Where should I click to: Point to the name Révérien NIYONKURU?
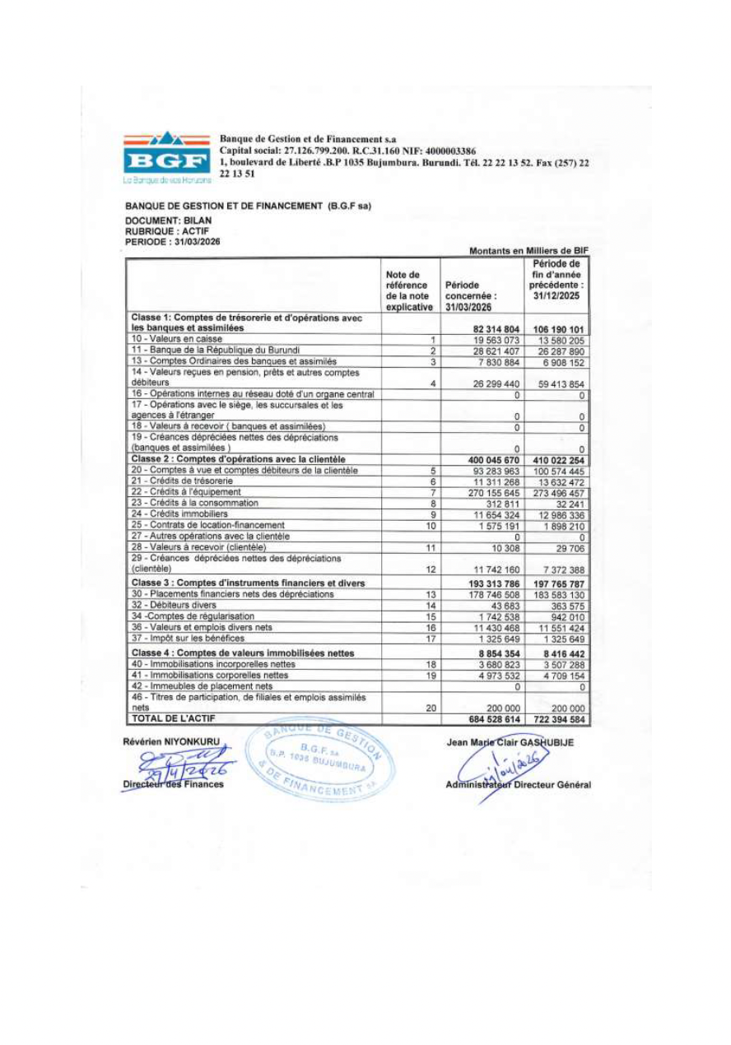click(x=171, y=741)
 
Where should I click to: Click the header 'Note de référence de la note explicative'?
click(x=409, y=290)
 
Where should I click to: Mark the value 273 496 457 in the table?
click(x=557, y=492)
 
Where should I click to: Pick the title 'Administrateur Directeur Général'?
click(x=518, y=784)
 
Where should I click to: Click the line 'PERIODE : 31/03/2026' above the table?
click(x=172, y=241)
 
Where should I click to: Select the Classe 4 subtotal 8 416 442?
click(x=557, y=653)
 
